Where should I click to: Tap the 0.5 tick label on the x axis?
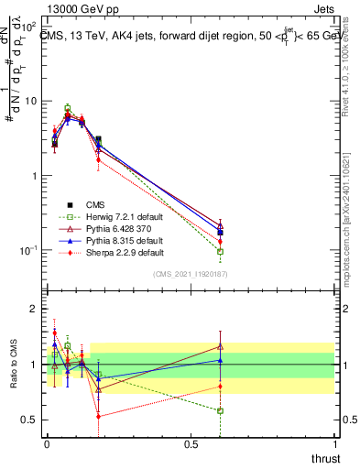pyautogui.click(x=191, y=444)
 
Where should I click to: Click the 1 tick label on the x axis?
pyautogui.click(x=334, y=444)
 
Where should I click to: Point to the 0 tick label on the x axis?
pyautogui.click(x=47, y=444)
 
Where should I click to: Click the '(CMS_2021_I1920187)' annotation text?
pyautogui.click(x=190, y=273)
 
